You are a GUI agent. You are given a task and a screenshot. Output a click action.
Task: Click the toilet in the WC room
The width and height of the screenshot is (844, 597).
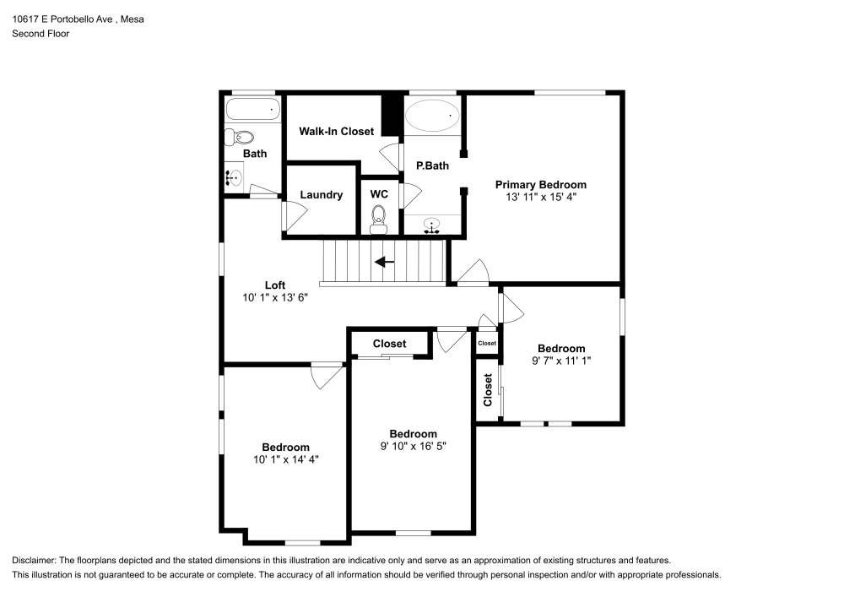[x=378, y=221]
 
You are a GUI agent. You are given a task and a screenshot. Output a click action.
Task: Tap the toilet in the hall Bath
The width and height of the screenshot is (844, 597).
[x=243, y=137]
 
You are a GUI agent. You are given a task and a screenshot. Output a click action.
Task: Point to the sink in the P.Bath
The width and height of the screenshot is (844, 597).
[x=433, y=225]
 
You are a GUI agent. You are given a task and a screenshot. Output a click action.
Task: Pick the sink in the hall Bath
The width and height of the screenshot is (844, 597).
[x=234, y=177]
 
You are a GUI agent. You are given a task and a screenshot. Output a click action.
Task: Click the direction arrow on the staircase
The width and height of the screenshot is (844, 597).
[x=384, y=262]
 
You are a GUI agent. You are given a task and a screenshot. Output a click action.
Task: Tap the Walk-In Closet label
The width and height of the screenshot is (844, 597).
[x=337, y=132]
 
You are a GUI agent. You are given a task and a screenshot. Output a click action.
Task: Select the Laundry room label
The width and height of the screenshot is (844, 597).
[x=322, y=195]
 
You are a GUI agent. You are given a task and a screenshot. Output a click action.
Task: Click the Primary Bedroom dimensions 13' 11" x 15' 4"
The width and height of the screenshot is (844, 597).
[x=540, y=197]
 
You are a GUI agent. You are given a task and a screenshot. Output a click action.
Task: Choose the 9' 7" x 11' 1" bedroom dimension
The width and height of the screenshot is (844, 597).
[x=561, y=361]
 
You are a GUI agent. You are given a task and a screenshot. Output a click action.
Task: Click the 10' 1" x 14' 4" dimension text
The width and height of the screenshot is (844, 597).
[x=285, y=459]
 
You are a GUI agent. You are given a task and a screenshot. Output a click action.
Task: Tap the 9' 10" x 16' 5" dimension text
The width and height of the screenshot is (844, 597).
[x=413, y=446]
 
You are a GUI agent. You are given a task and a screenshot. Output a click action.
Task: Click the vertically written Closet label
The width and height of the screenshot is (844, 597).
[x=488, y=390]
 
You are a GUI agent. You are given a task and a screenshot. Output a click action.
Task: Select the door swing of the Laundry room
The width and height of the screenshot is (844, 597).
[x=289, y=215]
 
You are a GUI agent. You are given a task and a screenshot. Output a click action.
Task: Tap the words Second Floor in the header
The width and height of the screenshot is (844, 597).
[x=41, y=34]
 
